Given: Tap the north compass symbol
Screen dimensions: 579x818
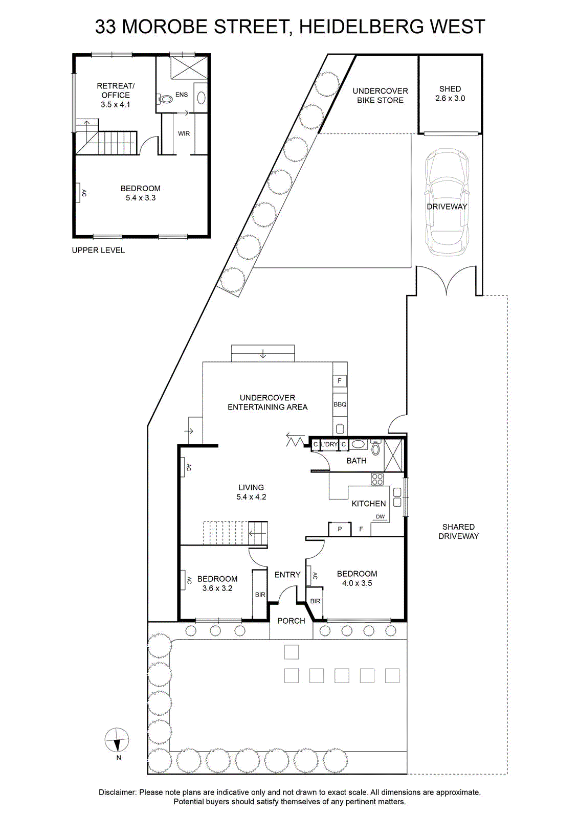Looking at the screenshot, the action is (117, 740).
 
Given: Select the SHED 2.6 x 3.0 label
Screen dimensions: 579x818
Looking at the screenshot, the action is (450, 94).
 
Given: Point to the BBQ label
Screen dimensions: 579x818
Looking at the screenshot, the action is (340, 404).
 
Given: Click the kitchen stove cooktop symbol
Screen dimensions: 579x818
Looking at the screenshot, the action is (377, 479).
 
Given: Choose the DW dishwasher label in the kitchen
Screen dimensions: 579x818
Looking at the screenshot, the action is (380, 517).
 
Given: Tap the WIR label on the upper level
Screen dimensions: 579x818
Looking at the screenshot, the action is (184, 133).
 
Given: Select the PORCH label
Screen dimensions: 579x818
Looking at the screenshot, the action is (291, 621).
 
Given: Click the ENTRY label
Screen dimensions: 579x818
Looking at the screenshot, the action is (287, 575).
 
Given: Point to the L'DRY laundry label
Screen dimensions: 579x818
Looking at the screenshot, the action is (329, 444).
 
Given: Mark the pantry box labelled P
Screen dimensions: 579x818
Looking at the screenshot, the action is (340, 529).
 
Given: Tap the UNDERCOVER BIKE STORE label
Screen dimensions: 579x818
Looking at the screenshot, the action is (380, 96).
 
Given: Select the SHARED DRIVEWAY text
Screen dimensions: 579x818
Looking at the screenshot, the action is (458, 531).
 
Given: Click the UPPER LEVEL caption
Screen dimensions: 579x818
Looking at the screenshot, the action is (98, 250).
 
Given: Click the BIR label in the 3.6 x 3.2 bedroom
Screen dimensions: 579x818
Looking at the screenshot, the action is (260, 595).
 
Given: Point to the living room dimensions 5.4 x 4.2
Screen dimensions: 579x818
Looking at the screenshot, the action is (251, 496).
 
